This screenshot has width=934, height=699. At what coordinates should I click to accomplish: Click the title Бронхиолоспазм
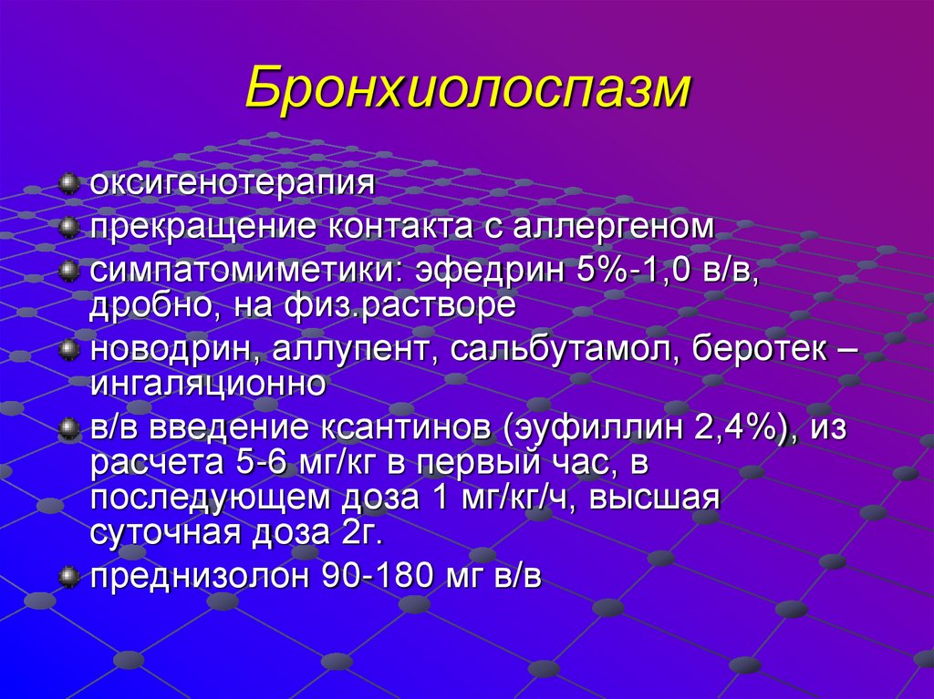point(468,88)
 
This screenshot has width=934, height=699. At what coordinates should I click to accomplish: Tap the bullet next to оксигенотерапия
point(69,185)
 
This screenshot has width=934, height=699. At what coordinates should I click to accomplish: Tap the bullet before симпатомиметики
point(69,271)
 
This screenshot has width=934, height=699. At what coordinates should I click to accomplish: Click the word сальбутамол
point(564,348)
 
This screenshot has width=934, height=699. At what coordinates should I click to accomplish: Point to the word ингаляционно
point(208,383)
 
